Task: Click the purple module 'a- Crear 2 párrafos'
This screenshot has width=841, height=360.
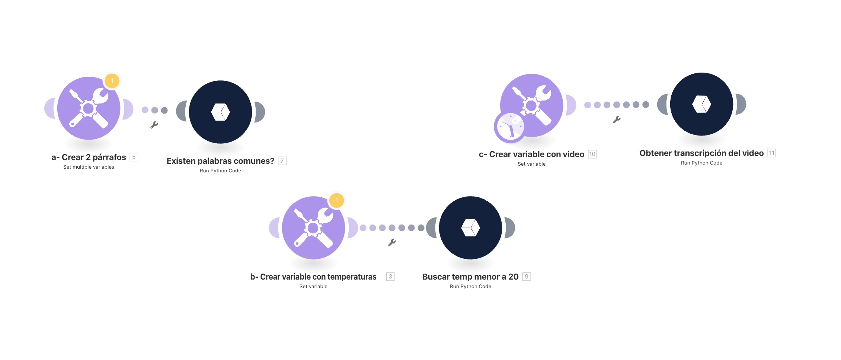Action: (x=89, y=108)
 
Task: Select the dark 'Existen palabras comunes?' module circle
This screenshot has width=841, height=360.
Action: (x=220, y=112)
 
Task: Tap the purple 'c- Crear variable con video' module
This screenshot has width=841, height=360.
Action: (x=531, y=105)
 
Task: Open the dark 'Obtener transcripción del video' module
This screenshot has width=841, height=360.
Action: (x=701, y=104)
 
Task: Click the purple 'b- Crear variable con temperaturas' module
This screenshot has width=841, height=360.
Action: (x=313, y=228)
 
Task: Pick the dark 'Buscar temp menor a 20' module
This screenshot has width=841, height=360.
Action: (x=470, y=228)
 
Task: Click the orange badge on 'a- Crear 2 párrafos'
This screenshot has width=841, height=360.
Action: (x=112, y=81)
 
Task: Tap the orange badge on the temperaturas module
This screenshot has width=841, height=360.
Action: (x=336, y=200)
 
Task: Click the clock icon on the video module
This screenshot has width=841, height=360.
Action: (x=510, y=127)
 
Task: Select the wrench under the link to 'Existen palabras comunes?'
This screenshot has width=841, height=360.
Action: (x=154, y=125)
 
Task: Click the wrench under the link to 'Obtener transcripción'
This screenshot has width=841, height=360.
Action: (x=617, y=120)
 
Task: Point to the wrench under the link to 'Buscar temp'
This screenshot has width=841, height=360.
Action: (x=392, y=242)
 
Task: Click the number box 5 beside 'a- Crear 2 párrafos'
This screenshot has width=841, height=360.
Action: (x=134, y=157)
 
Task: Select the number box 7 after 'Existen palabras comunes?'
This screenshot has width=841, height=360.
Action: (x=282, y=161)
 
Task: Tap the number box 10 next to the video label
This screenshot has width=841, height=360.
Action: (x=592, y=154)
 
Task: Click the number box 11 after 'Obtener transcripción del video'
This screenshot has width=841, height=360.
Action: (x=772, y=153)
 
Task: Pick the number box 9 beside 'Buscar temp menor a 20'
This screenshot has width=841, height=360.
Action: (x=527, y=277)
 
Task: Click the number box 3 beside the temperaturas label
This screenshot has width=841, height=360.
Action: (x=390, y=277)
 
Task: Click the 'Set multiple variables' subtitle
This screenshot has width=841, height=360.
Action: (x=89, y=167)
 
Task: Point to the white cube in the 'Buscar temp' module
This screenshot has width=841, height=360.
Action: (x=470, y=227)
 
